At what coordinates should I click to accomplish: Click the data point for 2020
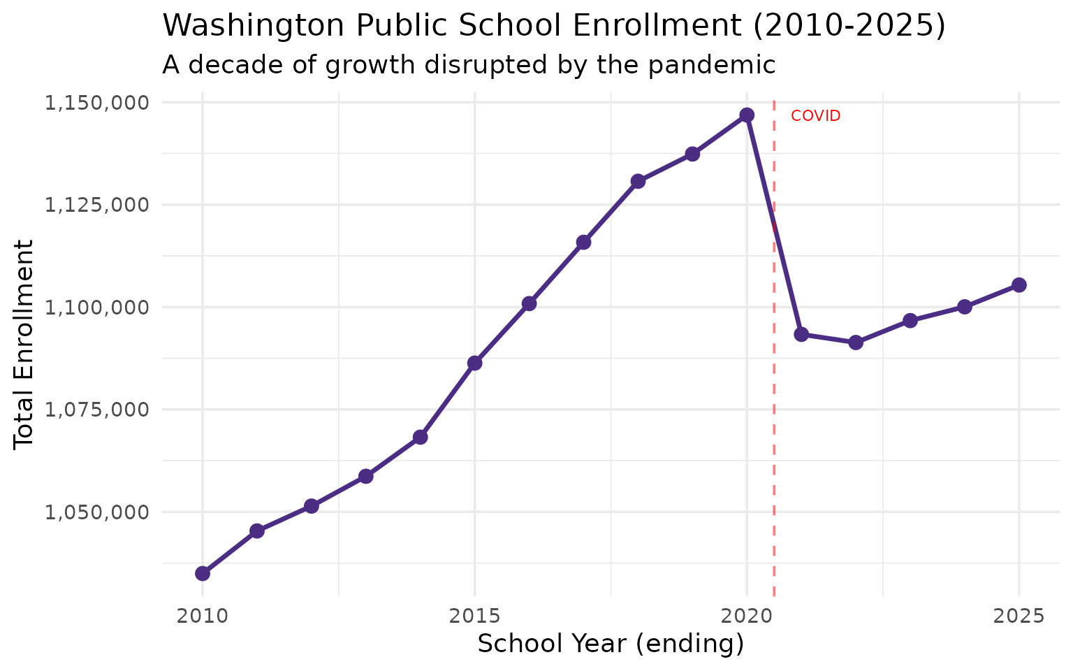[747, 115]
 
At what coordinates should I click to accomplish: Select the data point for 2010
[203, 573]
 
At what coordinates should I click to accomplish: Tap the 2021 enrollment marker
[801, 334]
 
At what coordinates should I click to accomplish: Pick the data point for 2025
[1019, 284]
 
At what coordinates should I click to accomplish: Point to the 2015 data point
[475, 363]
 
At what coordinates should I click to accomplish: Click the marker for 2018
[638, 181]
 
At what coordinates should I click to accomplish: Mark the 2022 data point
[856, 342]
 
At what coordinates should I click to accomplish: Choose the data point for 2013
[365, 477]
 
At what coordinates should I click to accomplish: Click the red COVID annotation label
[815, 117]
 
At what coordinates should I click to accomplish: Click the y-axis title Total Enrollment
[24, 344]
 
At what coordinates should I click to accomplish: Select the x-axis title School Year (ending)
[611, 644]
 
